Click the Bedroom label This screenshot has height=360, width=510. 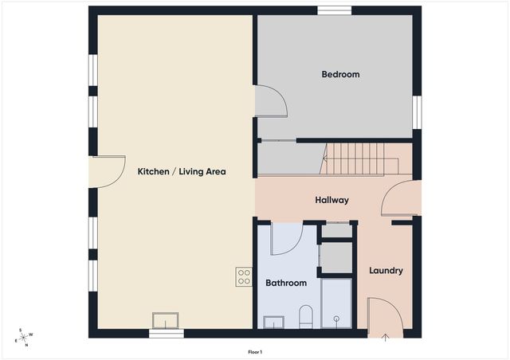pos(340,74)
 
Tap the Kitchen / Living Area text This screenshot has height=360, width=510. pos(182,171)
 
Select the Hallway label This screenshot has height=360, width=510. pos(331,200)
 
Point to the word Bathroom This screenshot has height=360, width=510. pos(286,283)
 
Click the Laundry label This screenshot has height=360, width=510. pos(386,271)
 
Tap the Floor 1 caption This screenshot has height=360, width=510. pos(255,351)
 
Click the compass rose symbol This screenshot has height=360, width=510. pos(24,338)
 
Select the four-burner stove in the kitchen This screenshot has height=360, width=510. pos(244,276)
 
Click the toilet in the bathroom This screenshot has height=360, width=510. pos(305,316)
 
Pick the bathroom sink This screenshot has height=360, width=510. pos(273,322)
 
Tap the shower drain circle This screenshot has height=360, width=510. pos(337,319)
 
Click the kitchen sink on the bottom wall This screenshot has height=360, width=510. pos(167,320)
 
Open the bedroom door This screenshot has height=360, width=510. pos(269,101)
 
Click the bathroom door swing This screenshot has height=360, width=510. pos(284,238)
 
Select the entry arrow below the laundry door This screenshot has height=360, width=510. pos(385,337)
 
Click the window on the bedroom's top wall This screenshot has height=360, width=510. pos(334,10)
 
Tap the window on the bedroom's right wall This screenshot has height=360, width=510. pos(416,112)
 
